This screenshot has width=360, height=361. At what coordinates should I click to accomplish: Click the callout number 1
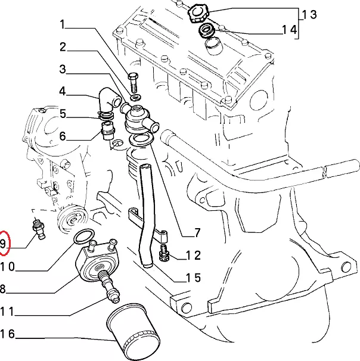tap(63, 24)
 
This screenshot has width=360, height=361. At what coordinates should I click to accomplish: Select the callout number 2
tap(63, 47)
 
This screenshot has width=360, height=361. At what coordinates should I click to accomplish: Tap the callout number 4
tap(63, 91)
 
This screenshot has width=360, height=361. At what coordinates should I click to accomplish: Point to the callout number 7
tap(197, 232)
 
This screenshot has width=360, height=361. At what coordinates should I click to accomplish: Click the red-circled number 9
tap(2, 244)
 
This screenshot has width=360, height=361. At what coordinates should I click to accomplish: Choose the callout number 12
tap(193, 256)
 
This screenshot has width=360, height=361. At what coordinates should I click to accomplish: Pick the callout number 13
tap(309, 14)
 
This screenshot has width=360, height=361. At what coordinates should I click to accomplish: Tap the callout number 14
tap(290, 30)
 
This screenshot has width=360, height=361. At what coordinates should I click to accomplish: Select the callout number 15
tap(193, 278)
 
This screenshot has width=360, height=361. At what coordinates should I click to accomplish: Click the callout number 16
tap(7, 334)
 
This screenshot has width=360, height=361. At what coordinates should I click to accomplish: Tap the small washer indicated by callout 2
tap(136, 97)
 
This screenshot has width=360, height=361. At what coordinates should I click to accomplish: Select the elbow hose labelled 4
tap(108, 99)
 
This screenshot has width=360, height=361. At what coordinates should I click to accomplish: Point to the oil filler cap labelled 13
tap(198, 13)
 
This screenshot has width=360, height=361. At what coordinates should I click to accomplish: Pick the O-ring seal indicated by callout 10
tap(84, 236)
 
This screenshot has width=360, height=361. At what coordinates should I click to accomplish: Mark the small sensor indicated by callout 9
tap(39, 229)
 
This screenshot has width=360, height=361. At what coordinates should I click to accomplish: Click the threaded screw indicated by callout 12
tap(164, 253)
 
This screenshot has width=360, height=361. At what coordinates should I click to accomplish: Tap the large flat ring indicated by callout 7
tap(141, 139)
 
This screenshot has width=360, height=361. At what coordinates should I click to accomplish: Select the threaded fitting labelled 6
tap(107, 131)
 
